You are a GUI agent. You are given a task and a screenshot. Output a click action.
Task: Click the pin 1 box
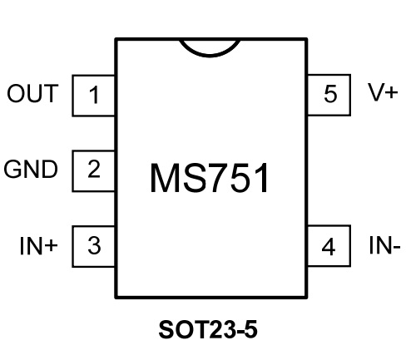tap(94, 96)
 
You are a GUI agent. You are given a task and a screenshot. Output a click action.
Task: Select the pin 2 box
tap(94, 170)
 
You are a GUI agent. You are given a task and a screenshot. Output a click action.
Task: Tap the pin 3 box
tap(94, 246)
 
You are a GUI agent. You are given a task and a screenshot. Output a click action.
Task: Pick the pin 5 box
tap(329, 95)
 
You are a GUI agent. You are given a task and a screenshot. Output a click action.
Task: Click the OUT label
tap(33, 94)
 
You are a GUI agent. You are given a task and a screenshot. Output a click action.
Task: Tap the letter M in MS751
tap(165, 178)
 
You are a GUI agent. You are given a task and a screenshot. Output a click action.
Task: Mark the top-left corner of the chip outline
tap(116, 38)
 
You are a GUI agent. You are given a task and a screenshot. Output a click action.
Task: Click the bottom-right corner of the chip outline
tap(307, 297)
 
